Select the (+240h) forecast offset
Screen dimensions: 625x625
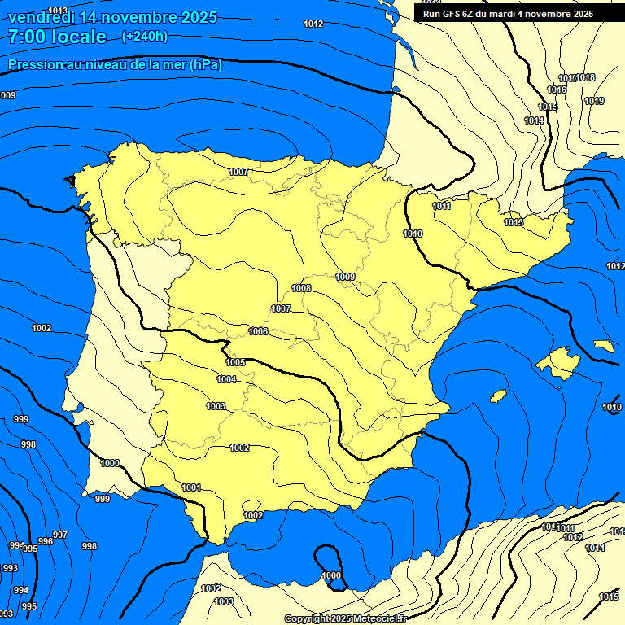click(x=144, y=37)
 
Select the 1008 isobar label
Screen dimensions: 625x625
click(x=301, y=288)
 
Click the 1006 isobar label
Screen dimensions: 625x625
click(x=259, y=331)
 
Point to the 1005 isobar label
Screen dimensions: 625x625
click(x=235, y=362)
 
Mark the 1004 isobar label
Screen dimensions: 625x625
click(x=226, y=379)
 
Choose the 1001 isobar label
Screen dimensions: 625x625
click(x=191, y=487)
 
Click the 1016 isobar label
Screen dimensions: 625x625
click(x=557, y=90)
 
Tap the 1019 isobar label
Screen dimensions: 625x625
click(x=594, y=101)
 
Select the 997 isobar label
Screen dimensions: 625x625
click(x=59, y=534)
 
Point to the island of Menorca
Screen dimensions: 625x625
click(x=603, y=346)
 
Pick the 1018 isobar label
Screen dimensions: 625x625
click(x=586, y=78)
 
